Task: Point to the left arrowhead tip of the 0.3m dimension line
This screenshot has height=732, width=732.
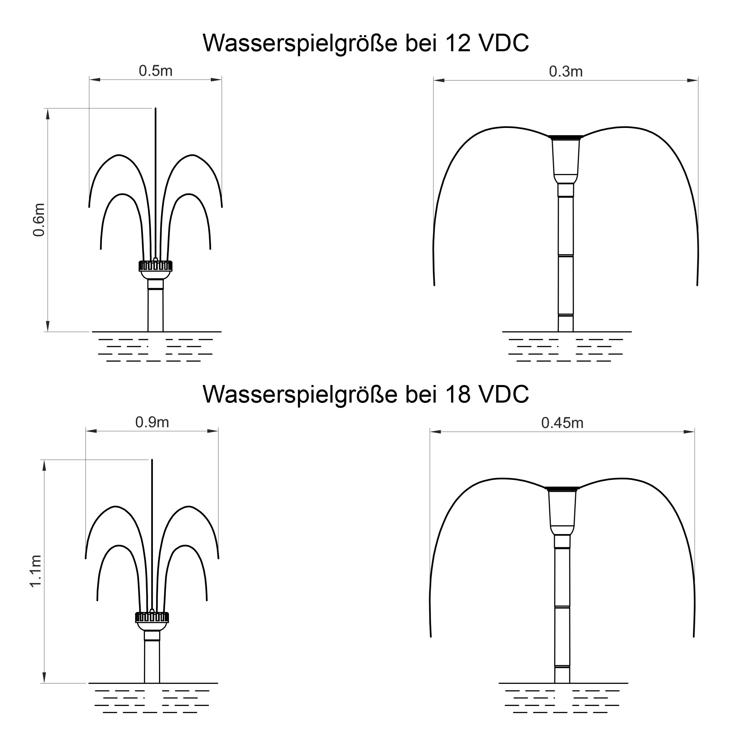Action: pos(434,80)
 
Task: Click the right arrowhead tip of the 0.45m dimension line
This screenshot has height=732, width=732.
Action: pos(695,432)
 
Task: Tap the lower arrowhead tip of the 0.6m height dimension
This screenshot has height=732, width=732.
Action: pos(48,331)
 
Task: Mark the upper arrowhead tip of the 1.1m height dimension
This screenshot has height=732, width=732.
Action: pos(44,460)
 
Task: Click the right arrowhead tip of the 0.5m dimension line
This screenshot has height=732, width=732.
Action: pos(222,80)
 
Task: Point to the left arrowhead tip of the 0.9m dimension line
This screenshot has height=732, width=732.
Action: pos(86,431)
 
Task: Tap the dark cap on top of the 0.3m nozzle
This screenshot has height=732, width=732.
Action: pos(566,137)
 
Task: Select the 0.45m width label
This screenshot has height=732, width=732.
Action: pos(562,423)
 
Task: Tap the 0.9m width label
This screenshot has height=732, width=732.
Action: pos(152,422)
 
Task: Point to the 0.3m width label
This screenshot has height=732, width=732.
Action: pos(566,71)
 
